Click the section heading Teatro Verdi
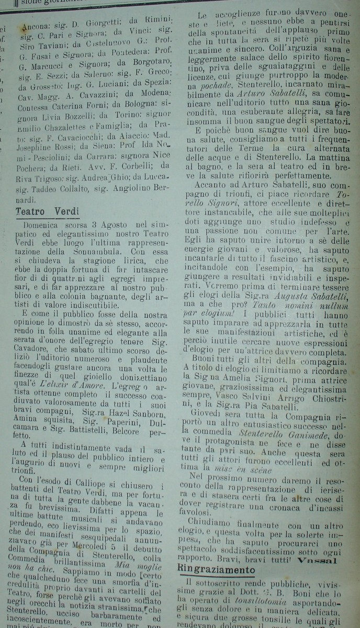point(47,212)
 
